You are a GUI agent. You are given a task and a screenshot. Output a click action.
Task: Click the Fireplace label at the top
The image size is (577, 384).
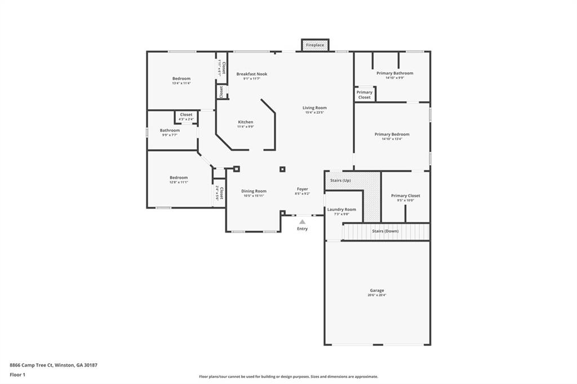click(x=315, y=45)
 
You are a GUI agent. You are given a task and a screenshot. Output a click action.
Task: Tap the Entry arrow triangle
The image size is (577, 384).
click(x=303, y=222)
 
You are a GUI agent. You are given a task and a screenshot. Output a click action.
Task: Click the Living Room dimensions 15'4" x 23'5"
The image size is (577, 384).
click(x=314, y=113)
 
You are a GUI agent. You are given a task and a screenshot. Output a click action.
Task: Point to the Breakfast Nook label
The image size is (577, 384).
click(x=252, y=74)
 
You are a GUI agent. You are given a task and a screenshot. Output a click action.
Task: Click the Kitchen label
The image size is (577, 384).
click(x=246, y=122)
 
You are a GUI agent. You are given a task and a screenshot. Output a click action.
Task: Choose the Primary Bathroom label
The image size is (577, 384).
click(x=395, y=73)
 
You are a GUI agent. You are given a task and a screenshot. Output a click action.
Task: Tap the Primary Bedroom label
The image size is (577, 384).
click(x=392, y=134)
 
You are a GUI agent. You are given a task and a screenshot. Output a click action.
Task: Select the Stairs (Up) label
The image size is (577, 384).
click(x=340, y=180)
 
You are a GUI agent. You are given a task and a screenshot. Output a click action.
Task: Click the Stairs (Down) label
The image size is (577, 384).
click(x=385, y=231)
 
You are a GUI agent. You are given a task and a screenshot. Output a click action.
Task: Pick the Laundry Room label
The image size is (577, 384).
click(x=342, y=209)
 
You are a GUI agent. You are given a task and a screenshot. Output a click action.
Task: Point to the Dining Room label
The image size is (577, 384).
click(x=254, y=191)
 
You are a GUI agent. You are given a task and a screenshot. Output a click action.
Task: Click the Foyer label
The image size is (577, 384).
click(x=303, y=189)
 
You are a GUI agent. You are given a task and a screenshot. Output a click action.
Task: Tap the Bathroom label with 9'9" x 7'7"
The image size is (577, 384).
click(x=170, y=131)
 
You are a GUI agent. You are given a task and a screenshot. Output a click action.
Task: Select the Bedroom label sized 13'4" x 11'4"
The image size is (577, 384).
click(x=181, y=78)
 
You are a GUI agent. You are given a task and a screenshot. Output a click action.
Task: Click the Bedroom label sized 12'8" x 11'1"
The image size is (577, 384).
click(x=179, y=177)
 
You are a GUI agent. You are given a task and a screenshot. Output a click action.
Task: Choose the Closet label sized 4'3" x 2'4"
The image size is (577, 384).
click(x=186, y=115)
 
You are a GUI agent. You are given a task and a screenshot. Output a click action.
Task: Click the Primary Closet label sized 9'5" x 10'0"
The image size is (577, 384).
click(x=406, y=195)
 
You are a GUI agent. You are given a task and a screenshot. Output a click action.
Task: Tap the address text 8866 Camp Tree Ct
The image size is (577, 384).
click(x=31, y=365)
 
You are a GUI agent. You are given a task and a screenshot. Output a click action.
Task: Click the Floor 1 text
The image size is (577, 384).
click(x=17, y=374)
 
